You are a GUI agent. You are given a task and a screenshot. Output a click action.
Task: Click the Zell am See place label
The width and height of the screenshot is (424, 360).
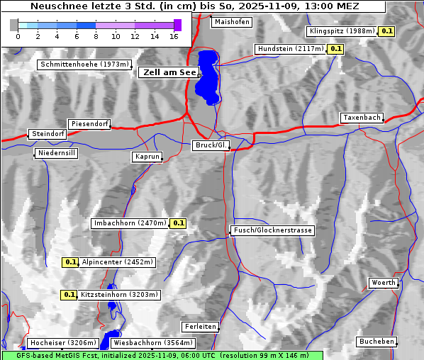(x=169, y=72)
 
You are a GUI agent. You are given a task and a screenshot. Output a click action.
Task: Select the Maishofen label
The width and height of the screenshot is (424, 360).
(x=232, y=22)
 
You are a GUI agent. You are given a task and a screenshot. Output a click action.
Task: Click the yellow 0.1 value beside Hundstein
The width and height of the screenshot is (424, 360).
(x=336, y=49)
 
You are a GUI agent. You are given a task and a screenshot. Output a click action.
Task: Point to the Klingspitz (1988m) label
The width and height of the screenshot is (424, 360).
(x=342, y=31)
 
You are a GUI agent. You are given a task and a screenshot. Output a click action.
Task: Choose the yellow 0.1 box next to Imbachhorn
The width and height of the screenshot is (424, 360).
(x=179, y=223)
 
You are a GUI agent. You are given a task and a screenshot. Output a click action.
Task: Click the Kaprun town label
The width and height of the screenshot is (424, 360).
(x=147, y=157)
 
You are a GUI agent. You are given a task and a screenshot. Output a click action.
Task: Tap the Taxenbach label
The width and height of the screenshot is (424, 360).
(x=362, y=118)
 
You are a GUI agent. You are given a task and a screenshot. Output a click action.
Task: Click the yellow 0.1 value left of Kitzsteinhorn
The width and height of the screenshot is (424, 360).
(x=69, y=295)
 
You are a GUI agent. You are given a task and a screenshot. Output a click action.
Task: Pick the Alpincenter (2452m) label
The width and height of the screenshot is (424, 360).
(x=118, y=262)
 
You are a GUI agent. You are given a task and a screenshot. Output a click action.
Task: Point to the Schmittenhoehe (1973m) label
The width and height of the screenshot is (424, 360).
(x=85, y=64)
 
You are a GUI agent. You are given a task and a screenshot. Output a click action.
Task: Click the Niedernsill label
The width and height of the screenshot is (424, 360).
(x=56, y=153)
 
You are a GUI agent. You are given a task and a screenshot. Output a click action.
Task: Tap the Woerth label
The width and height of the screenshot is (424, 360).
(x=384, y=283)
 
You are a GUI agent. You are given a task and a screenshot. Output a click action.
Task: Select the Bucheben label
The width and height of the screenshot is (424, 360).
(x=376, y=342)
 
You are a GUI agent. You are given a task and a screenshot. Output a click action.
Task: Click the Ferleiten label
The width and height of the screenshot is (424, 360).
(x=199, y=327)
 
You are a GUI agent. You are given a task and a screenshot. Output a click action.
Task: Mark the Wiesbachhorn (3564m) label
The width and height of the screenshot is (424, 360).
(x=153, y=343)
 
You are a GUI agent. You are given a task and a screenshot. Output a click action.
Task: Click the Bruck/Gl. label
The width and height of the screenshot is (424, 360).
(x=211, y=145)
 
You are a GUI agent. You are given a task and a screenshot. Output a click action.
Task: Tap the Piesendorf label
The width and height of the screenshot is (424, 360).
(x=89, y=124)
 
